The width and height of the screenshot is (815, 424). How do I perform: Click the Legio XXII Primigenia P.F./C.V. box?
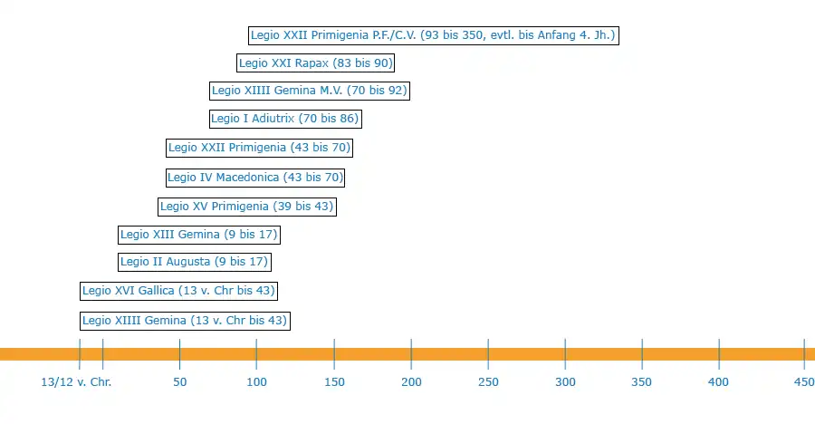click(434, 35)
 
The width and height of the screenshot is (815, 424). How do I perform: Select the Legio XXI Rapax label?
click(315, 63)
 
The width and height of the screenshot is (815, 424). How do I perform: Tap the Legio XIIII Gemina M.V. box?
click(309, 91)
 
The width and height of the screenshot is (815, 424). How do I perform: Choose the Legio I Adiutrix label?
click(285, 119)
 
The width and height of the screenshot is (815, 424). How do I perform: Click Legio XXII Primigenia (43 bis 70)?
click(259, 148)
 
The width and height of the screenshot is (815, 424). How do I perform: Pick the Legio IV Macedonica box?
click(255, 178)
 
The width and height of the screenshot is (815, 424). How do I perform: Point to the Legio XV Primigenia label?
click(247, 207)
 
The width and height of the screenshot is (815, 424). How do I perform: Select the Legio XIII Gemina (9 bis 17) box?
click(198, 236)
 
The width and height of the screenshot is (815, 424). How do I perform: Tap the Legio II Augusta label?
click(194, 263)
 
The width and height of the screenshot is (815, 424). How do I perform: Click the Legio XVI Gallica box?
click(177, 292)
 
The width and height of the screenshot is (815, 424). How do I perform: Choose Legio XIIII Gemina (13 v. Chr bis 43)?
click(185, 321)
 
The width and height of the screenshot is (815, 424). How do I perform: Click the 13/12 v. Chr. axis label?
click(76, 383)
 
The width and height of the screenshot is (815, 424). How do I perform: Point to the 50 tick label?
click(179, 383)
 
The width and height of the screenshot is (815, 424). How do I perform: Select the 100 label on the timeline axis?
click(256, 383)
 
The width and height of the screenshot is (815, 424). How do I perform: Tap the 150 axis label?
click(334, 383)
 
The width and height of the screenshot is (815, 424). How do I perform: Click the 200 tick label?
click(411, 383)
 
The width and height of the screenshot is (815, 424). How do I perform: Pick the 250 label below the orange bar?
click(488, 383)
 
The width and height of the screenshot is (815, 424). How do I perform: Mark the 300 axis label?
click(565, 383)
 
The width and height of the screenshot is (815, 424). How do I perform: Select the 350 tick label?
click(642, 383)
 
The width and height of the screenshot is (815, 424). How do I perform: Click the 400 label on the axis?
click(719, 383)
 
